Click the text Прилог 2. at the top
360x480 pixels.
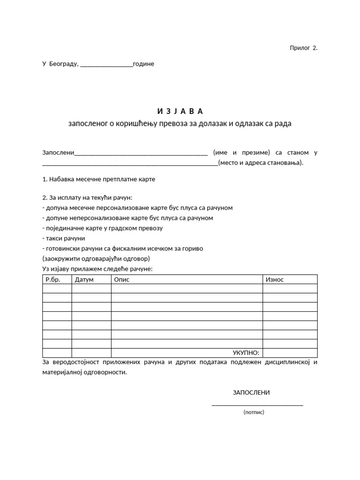pos(303,48)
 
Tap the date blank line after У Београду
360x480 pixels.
pos(106,65)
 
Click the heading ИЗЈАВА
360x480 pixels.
pos(180,111)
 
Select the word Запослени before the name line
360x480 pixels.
pos(58,153)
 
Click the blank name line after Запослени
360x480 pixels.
pos(141,154)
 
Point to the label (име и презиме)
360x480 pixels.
pos(241,153)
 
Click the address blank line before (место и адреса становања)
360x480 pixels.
pos(130,164)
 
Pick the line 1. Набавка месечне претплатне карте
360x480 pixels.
pos(98,179)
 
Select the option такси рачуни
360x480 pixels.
pos(63,238)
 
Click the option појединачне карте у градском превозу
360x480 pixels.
pos(102,228)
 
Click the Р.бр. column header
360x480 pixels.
pos(53,279)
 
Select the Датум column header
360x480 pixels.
pos(84,279)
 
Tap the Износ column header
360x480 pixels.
pos(275,279)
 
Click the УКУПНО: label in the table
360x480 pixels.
pos(246,353)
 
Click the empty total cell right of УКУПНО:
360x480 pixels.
pos(290,353)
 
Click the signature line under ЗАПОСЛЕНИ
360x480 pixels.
pos(257,404)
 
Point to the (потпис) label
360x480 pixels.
pos(254,412)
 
